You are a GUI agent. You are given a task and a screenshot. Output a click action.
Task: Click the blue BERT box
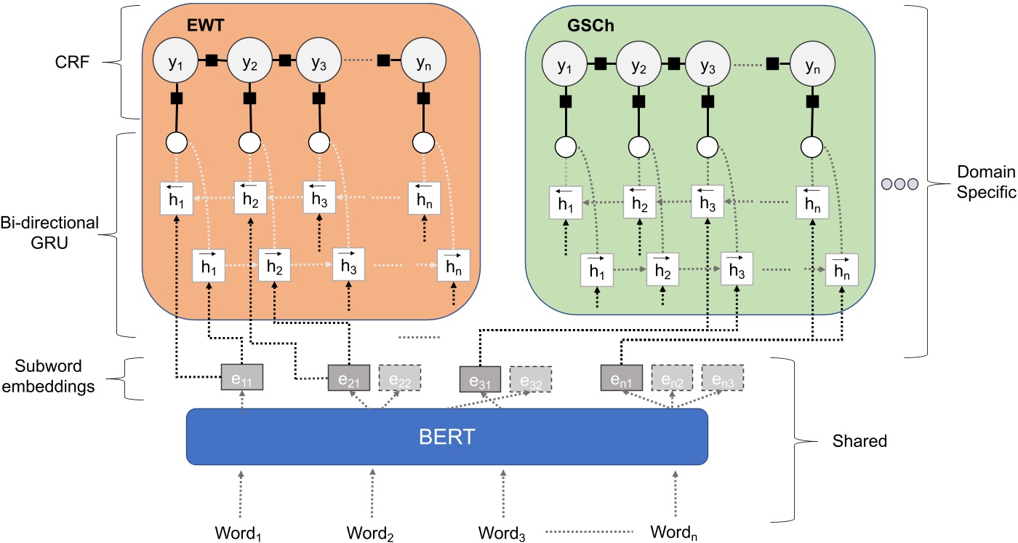[x=446, y=436]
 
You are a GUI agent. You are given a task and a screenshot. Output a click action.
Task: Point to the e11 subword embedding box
[x=242, y=378]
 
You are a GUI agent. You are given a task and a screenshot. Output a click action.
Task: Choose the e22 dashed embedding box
[x=400, y=378]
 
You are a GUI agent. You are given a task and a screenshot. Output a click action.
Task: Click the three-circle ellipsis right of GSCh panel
[x=900, y=183]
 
